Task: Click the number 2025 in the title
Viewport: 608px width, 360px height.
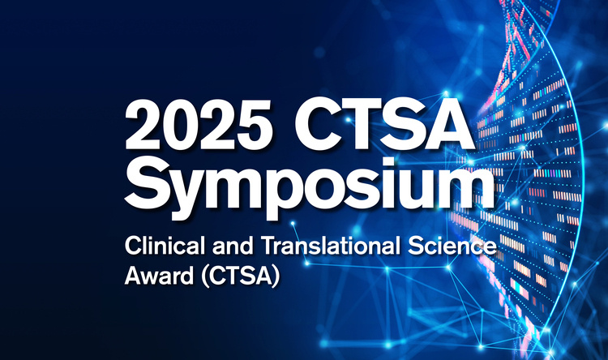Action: pos(198,124)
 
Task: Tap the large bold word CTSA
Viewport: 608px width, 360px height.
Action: pos(384,124)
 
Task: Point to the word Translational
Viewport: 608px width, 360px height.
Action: pos(331,246)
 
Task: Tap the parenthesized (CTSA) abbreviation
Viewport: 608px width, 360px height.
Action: pos(241,276)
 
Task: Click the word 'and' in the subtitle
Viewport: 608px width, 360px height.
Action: pos(233,246)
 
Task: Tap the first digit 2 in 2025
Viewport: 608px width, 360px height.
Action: pos(142,124)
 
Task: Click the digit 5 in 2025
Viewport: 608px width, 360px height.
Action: pos(255,125)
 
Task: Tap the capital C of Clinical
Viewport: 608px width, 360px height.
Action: pos(134,246)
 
